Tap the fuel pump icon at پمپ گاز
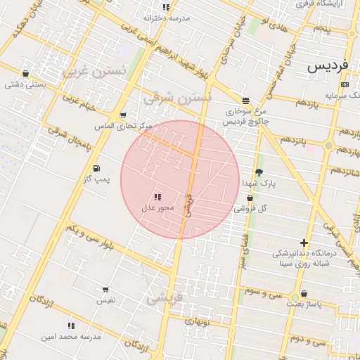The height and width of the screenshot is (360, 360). point(96,168)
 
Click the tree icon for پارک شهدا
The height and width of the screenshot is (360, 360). point(259,172)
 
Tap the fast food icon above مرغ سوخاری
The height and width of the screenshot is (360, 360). point(245,101)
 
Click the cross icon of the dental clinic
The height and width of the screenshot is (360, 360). point(304,243)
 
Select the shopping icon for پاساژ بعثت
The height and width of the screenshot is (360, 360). point(304,293)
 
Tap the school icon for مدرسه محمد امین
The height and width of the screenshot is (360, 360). point(71,326)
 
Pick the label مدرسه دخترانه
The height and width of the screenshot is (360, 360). point(167,18)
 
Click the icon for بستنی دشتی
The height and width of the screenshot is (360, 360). point(26,73)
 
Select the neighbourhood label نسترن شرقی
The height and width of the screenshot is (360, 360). point(176,98)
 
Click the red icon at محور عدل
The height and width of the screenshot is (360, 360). point(157,197)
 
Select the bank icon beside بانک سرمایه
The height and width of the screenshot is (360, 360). point(345,84)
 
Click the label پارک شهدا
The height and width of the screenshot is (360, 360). point(259,183)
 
